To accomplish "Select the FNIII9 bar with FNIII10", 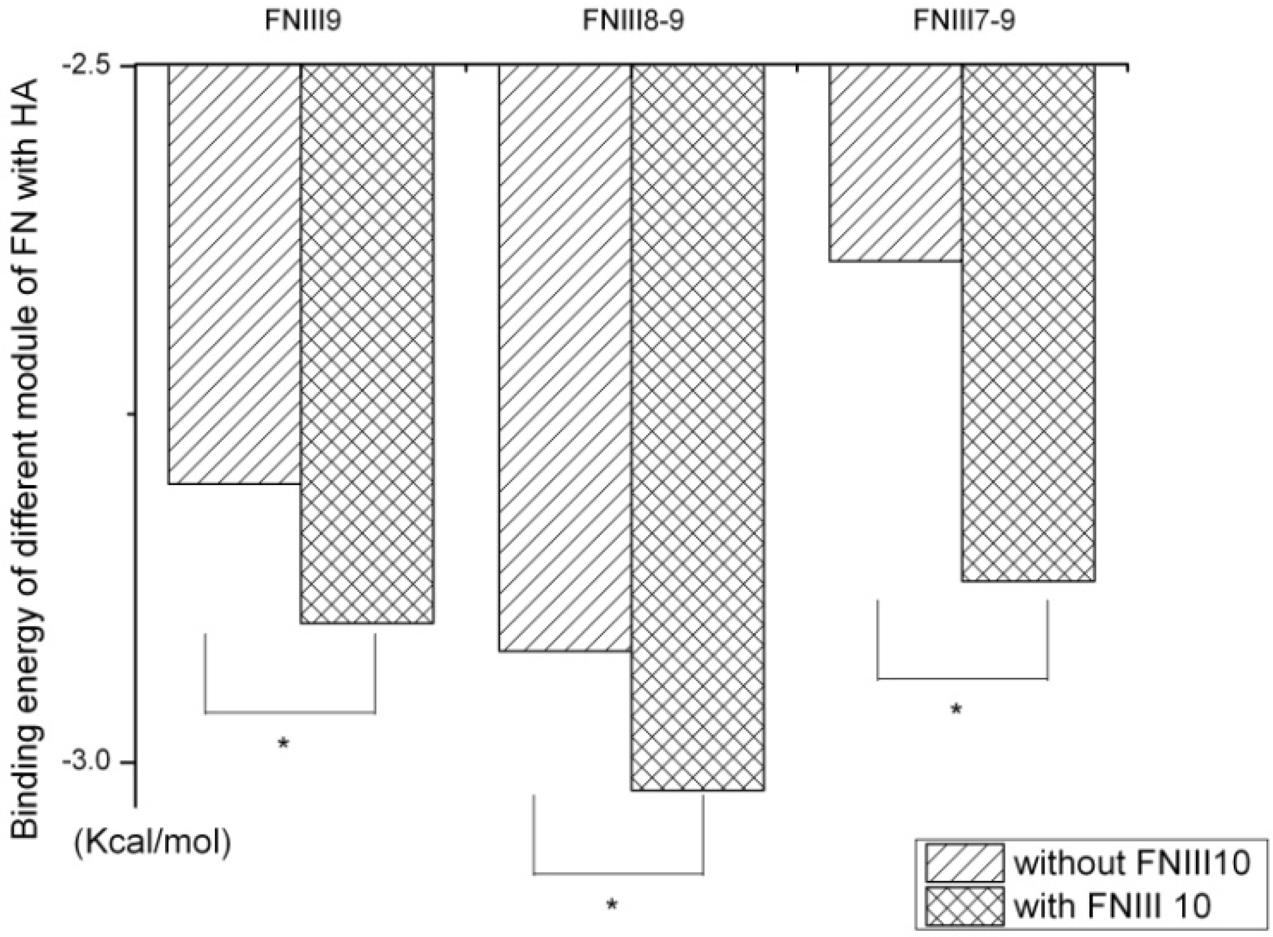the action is coord(367,344).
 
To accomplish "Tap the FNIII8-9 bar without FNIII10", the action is coord(565,358).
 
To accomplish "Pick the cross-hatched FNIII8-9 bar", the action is coord(697,428).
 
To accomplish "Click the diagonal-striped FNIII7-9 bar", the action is coord(896,163).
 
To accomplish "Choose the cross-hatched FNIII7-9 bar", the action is coord(1029,323).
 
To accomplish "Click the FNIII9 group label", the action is coord(303,21).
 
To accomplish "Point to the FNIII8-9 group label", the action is coord(633,21).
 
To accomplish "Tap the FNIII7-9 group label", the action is coord(964,21).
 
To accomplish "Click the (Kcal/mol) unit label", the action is coord(152,843).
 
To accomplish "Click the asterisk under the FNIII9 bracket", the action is coord(283,744).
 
